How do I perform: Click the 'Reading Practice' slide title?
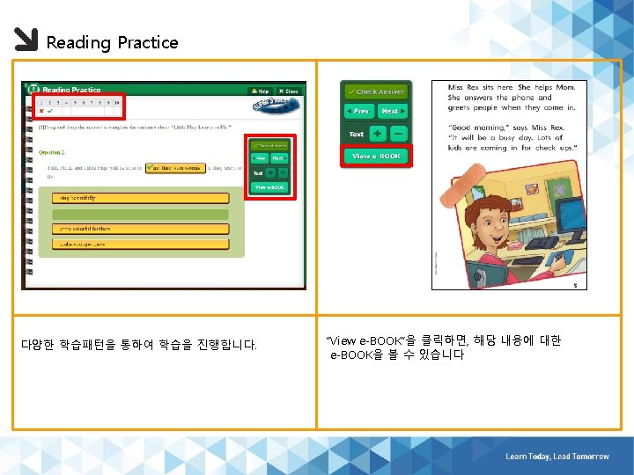pyautogui.click(x=112, y=42)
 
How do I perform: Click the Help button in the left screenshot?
pyautogui.click(x=259, y=91)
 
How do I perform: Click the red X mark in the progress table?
pyautogui.click(x=41, y=111)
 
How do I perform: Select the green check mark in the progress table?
pyautogui.click(x=50, y=111)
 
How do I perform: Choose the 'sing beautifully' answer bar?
pyautogui.click(x=140, y=198)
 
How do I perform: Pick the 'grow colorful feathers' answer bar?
pyautogui.click(x=140, y=228)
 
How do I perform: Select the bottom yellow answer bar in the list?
pyautogui.click(x=140, y=243)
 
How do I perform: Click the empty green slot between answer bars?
pyautogui.click(x=140, y=213)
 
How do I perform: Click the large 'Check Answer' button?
pyautogui.click(x=375, y=91)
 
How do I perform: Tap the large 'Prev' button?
pyautogui.click(x=358, y=112)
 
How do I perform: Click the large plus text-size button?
pyautogui.click(x=377, y=134)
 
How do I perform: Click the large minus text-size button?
pyautogui.click(x=398, y=134)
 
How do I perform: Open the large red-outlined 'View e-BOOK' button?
pyautogui.click(x=375, y=156)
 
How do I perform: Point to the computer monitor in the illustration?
pyautogui.click(x=566, y=214)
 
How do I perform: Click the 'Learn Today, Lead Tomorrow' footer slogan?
pyautogui.click(x=557, y=457)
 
